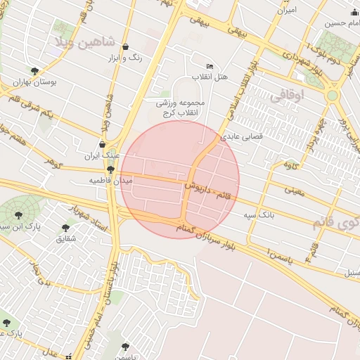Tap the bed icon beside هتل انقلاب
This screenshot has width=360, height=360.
(x=210, y=65)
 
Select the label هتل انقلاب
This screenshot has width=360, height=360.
(x=210, y=76)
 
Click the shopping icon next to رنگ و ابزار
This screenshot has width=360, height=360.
(x=125, y=48)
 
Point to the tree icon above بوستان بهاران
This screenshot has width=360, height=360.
(x=35, y=71)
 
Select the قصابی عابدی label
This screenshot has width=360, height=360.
(x=243, y=137)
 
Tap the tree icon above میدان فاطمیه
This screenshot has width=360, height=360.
(x=110, y=169)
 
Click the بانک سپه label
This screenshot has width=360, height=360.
(x=259, y=214)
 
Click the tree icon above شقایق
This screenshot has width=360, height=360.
(x=66, y=228)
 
